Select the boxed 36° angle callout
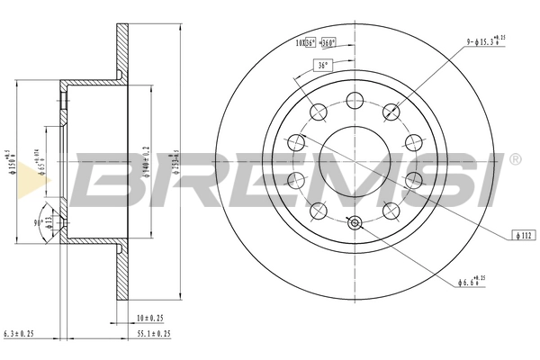click(321, 65)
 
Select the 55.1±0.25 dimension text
click(153, 334)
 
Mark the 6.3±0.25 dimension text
click(20, 334)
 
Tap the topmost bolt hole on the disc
click(354, 99)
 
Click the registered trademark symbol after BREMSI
click(515, 160)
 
